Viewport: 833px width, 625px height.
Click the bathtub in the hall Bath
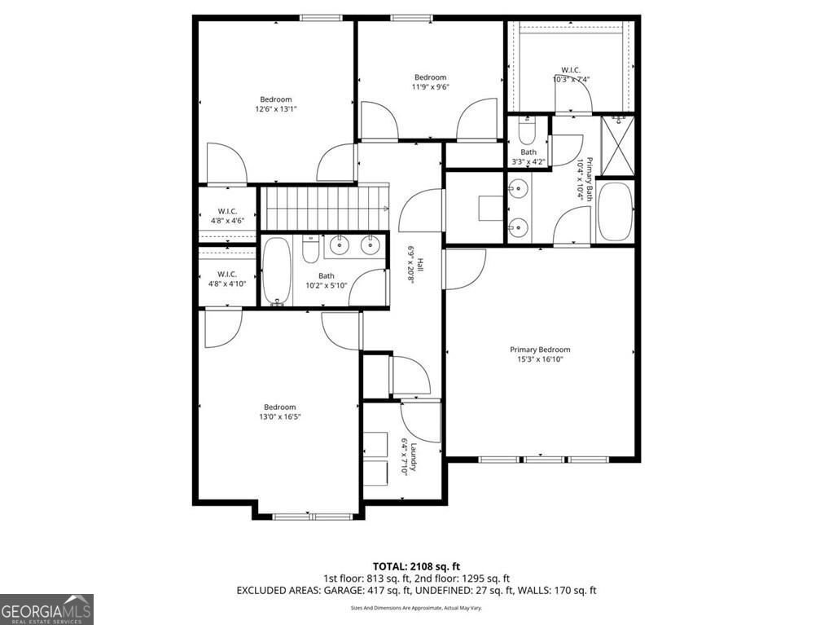click(276, 271)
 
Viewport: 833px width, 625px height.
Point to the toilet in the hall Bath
click(310, 249)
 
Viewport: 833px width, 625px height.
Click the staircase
click(325, 208)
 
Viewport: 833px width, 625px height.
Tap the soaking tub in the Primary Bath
click(615, 211)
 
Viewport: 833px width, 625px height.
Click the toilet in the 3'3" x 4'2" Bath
click(526, 130)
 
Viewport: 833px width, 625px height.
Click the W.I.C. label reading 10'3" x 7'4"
click(571, 75)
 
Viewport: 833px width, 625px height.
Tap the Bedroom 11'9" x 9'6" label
click(430, 81)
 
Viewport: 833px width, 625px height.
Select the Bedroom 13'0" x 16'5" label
click(279, 412)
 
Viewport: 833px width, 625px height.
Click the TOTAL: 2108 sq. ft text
click(417, 566)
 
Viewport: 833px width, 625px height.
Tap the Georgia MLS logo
click(47, 609)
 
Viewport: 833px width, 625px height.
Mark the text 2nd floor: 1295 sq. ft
click(462, 578)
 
